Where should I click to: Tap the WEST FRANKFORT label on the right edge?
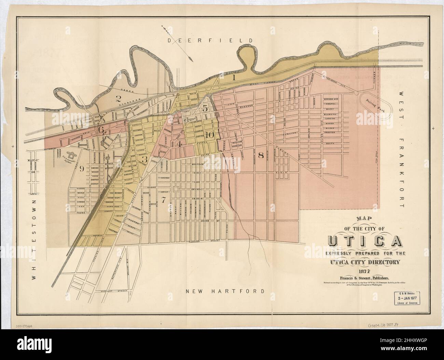(401, 150)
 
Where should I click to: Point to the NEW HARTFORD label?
(225, 291)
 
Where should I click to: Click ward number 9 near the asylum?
(81, 168)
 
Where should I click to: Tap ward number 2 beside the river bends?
(119, 99)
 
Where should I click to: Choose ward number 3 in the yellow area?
(144, 159)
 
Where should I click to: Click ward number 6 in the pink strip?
(101, 130)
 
